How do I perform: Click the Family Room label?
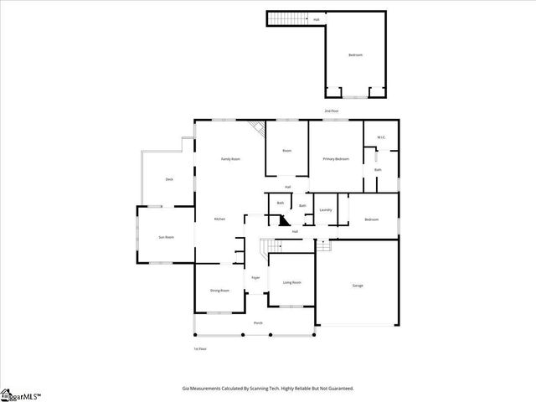click(230, 158)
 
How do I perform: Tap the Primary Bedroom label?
click(336, 158)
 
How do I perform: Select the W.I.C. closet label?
click(380, 137)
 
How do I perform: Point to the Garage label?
click(358, 286)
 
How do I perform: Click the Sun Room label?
click(166, 237)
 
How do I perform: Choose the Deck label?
click(169, 179)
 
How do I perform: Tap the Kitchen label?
click(219, 219)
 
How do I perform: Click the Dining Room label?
click(219, 290)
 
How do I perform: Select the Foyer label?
click(255, 277)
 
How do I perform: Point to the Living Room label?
click(291, 282)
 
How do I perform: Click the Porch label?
click(258, 322)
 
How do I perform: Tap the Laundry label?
click(326, 210)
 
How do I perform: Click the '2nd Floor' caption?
click(332, 111)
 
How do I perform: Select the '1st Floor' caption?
click(199, 348)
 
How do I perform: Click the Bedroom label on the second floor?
click(356, 55)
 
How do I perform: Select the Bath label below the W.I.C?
click(379, 171)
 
